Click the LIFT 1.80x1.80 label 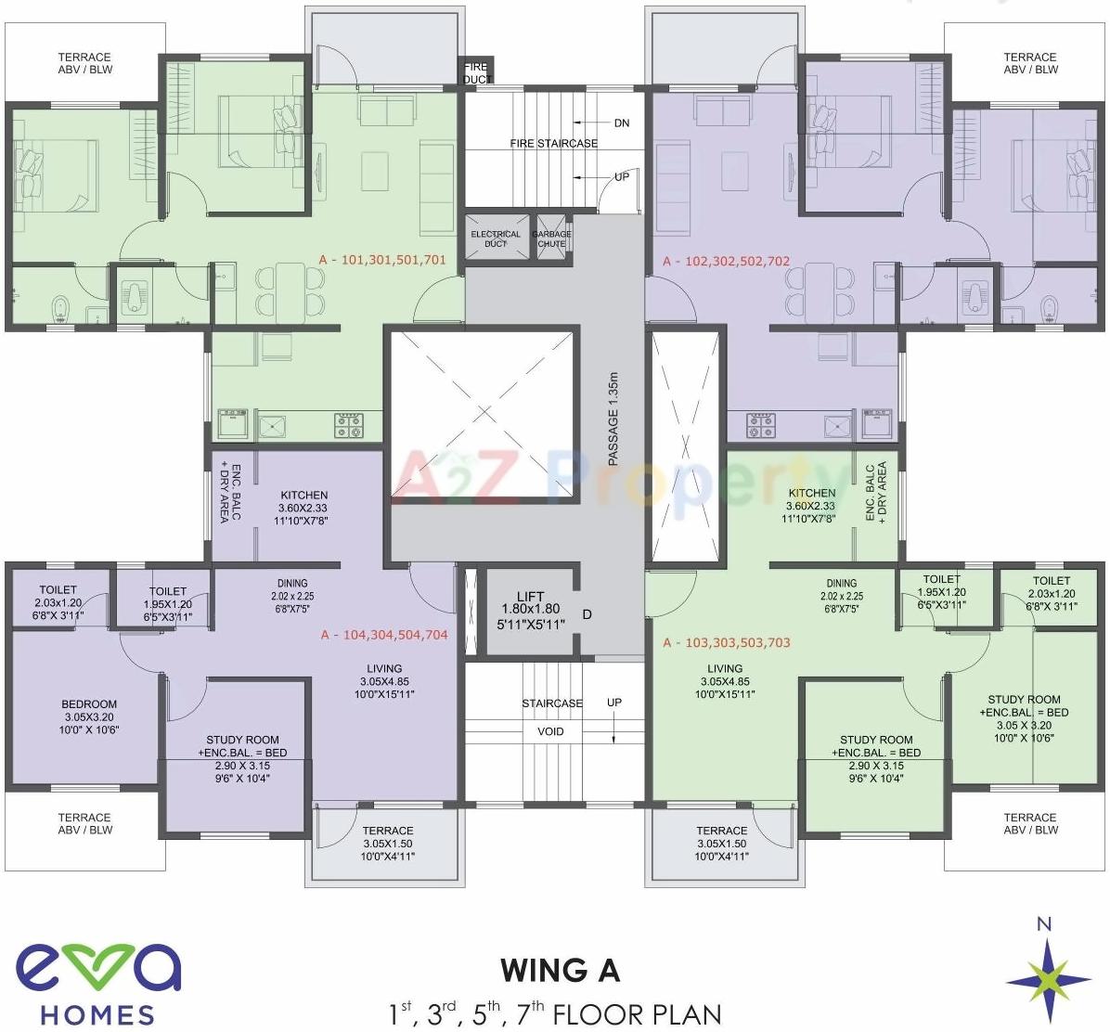[x=530, y=611]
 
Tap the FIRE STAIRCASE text [x=553, y=143]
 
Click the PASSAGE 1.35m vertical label [x=613, y=418]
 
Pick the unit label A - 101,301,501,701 [x=382, y=260]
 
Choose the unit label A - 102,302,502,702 [x=726, y=262]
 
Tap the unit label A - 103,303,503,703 [x=726, y=642]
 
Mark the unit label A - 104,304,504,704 [x=384, y=635]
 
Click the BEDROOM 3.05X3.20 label [x=90, y=716]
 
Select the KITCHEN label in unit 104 [x=303, y=508]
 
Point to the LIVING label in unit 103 [x=725, y=680]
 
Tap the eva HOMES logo [x=98, y=984]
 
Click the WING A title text [x=560, y=971]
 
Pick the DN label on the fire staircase [x=621, y=123]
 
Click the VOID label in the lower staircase [x=550, y=731]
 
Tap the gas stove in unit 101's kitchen [x=349, y=426]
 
